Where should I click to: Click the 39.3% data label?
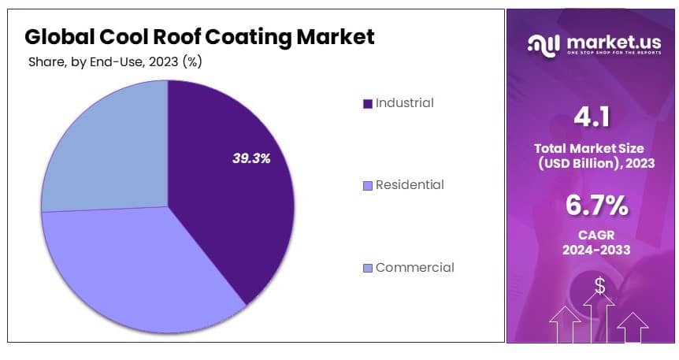(251, 158)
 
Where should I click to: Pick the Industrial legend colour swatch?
(367, 103)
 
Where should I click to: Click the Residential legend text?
(410, 185)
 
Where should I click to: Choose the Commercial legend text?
(414, 267)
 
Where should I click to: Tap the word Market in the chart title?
(334, 36)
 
